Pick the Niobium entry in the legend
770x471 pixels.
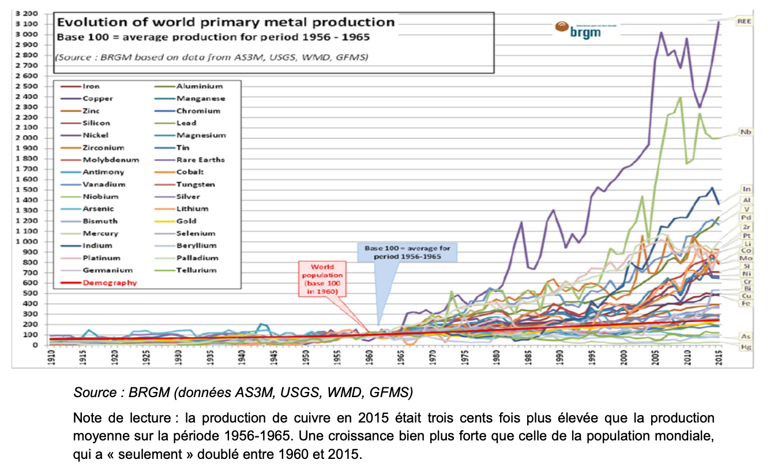coord(98,197)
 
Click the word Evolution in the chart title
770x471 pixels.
coord(86,23)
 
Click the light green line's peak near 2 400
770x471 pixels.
coord(681,97)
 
